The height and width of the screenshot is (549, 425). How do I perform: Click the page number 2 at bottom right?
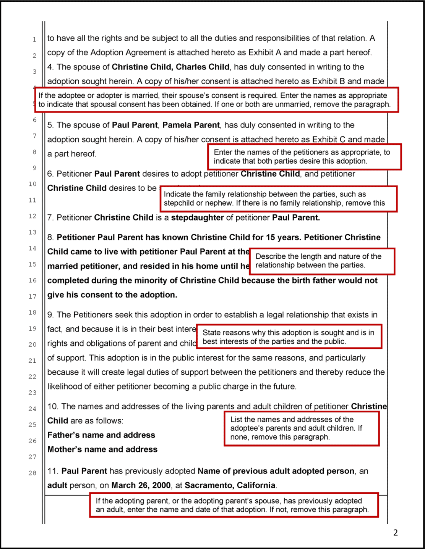pos(395,533)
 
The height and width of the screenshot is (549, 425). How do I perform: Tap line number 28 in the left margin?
pos(32,473)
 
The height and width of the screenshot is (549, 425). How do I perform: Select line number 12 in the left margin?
pos(32,216)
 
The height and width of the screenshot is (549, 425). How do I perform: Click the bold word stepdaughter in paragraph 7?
pos(197,218)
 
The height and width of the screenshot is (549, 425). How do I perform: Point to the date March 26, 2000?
pos(141,485)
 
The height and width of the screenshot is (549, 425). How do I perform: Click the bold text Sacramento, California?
pos(230,485)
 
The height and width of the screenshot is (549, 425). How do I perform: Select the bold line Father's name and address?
pos(101,435)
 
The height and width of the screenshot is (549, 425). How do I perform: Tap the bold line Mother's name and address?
pos(102,449)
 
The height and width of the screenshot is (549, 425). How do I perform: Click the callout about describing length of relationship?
pos(322,261)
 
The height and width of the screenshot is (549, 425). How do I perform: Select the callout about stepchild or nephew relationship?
pos(278,199)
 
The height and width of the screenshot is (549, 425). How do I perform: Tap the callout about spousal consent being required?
pos(216,100)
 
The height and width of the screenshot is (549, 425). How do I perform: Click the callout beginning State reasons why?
pos(289,337)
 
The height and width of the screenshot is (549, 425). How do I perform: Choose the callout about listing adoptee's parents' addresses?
pos(301,428)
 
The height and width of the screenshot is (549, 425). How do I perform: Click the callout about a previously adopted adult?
pos(234,505)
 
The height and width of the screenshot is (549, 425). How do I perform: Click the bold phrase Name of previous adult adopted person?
pos(276,471)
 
